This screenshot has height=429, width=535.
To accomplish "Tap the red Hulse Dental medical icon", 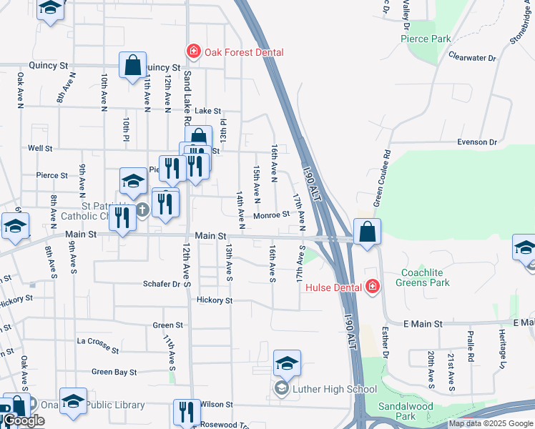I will (x=372, y=287).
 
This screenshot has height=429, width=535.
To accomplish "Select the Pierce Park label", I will (x=426, y=39).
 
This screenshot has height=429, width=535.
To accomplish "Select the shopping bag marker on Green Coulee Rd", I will (x=367, y=232).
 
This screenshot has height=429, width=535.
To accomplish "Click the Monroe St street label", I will (x=271, y=214).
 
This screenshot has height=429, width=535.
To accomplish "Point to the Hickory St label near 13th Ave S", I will (x=215, y=300).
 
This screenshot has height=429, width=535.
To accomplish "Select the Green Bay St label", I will (x=114, y=372).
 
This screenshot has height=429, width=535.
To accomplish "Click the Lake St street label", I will (x=208, y=111).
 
